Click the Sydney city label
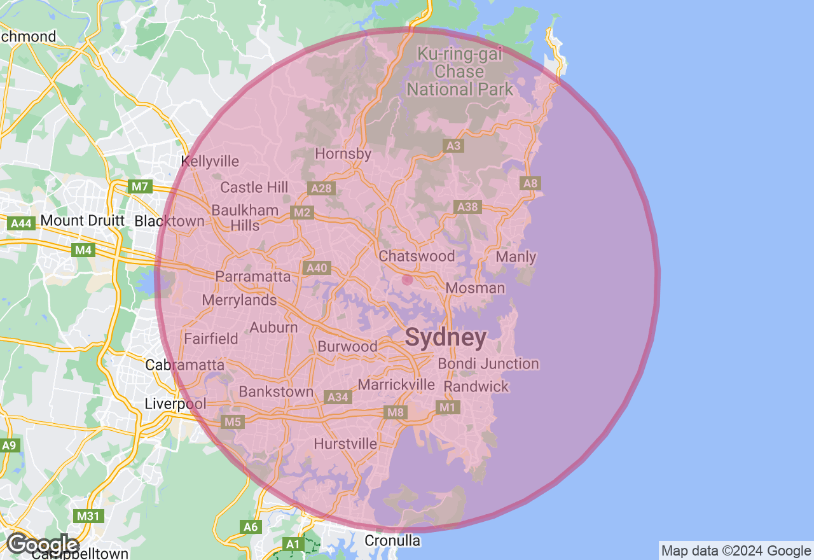(446, 338)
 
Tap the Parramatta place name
(252, 277)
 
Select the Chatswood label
(417, 256)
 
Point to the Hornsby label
(343, 154)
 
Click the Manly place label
(516, 257)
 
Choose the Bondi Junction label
(488, 364)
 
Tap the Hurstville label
(345, 444)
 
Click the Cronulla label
(392, 541)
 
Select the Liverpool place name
(176, 404)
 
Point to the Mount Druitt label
(82, 221)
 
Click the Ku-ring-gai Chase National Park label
(459, 71)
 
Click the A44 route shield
(21, 223)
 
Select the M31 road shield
(88, 515)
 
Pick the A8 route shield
(530, 184)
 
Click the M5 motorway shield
(233, 422)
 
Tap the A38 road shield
(467, 207)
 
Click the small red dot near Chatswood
(407, 279)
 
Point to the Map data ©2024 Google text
(736, 551)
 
